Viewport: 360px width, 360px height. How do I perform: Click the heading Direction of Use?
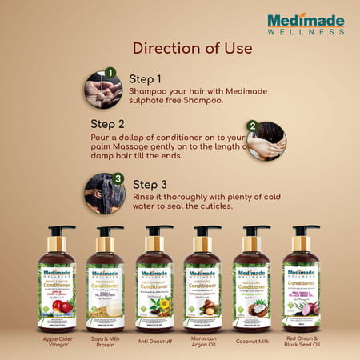click(180, 47)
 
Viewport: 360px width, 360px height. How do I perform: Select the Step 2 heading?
click(108, 124)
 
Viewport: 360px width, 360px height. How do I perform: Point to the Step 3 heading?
click(150, 184)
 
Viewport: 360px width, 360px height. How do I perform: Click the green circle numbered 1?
click(110, 73)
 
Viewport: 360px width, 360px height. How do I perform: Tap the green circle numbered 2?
click(252, 126)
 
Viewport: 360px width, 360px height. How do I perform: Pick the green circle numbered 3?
click(118, 178)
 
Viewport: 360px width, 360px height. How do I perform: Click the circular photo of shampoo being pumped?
click(102, 89)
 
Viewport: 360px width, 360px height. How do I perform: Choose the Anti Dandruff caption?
click(155, 339)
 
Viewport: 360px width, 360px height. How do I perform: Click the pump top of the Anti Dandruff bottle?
click(154, 234)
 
